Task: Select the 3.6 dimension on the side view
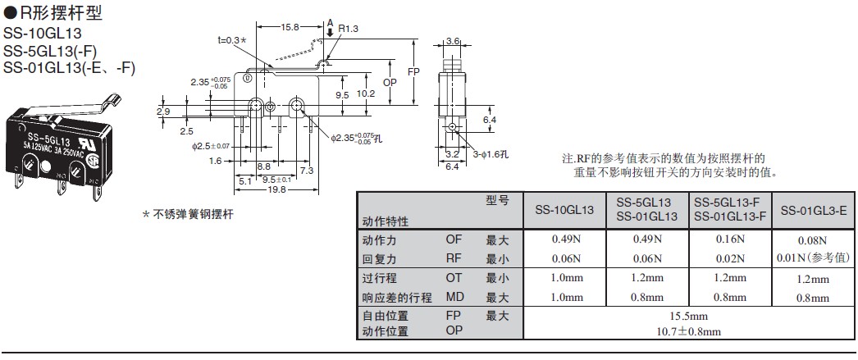tap(453, 40)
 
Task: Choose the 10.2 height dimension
tap(366, 93)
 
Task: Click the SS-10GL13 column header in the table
tap(564, 210)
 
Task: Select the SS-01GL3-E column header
tap(814, 210)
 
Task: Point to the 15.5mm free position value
tap(688, 316)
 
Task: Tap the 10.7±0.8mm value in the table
tap(688, 332)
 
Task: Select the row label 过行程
tap(379, 278)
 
